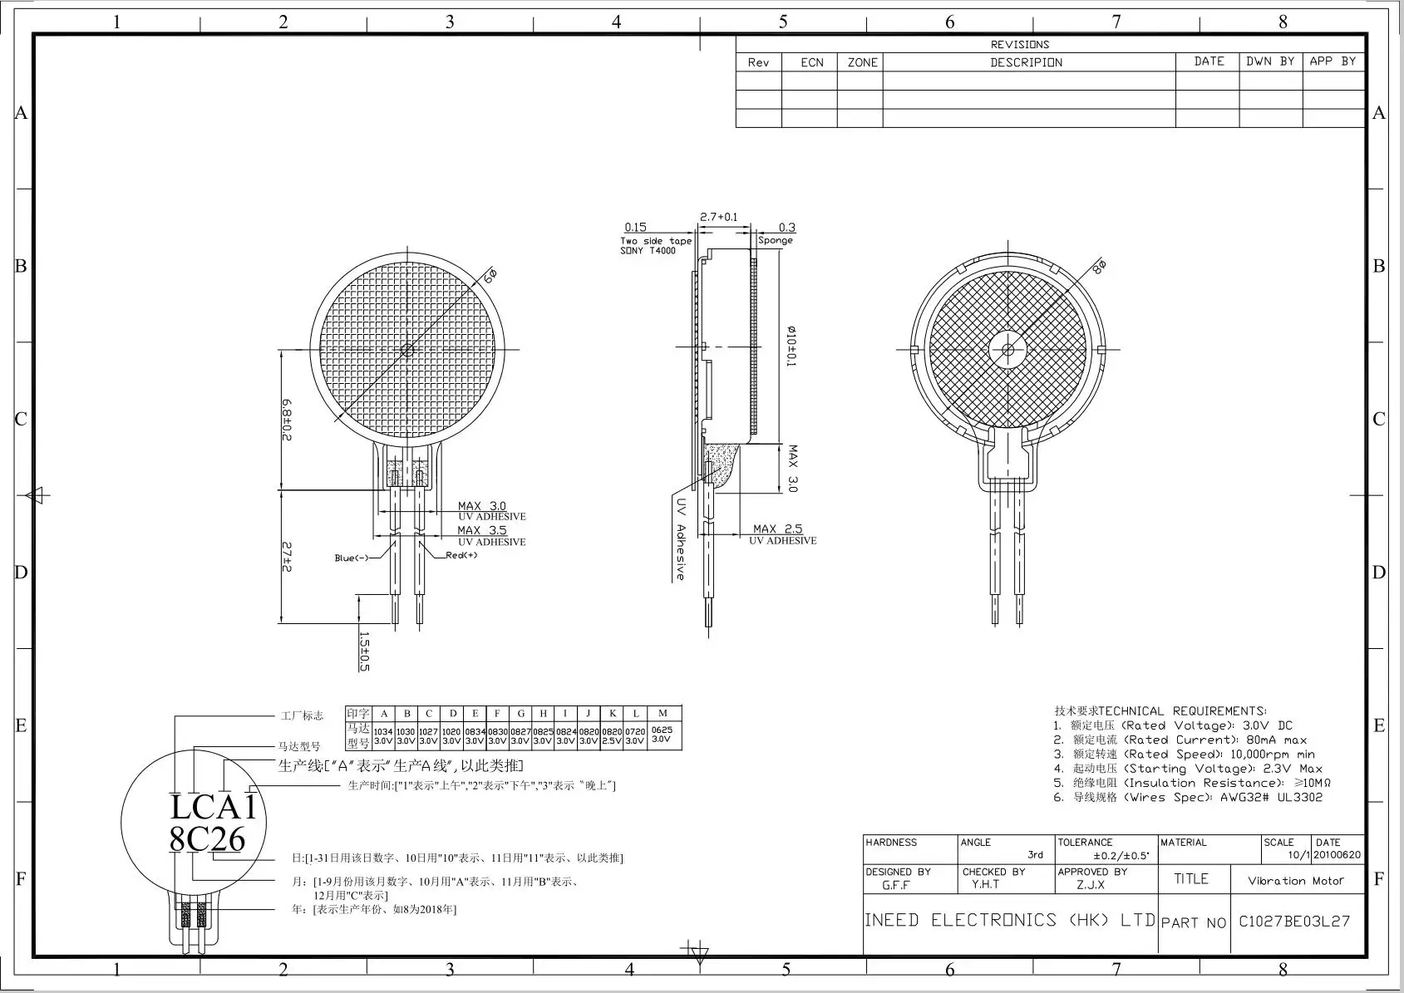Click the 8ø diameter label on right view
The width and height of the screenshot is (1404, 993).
(x=1100, y=268)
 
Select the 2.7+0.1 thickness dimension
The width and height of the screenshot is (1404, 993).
(x=718, y=217)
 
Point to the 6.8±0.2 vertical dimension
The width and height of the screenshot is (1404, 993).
(x=286, y=420)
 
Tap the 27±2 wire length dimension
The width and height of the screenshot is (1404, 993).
(x=286, y=556)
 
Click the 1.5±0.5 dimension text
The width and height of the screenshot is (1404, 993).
(x=363, y=651)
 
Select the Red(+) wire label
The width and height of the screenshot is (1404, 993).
(x=461, y=555)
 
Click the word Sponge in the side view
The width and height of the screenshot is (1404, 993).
(x=776, y=240)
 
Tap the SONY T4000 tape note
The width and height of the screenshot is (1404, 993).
(x=648, y=250)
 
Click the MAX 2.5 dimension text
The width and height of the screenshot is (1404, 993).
(x=777, y=528)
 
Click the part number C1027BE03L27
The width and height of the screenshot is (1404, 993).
(x=1294, y=921)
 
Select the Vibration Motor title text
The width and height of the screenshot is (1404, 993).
(x=1295, y=881)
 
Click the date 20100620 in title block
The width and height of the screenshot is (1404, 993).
(x=1337, y=855)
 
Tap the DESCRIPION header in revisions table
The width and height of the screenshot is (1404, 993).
(x=1026, y=62)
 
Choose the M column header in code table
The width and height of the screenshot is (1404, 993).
(x=663, y=713)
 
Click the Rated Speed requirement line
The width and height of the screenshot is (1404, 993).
(x=1184, y=755)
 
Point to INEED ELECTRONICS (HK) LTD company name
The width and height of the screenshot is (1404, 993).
(x=1009, y=920)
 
